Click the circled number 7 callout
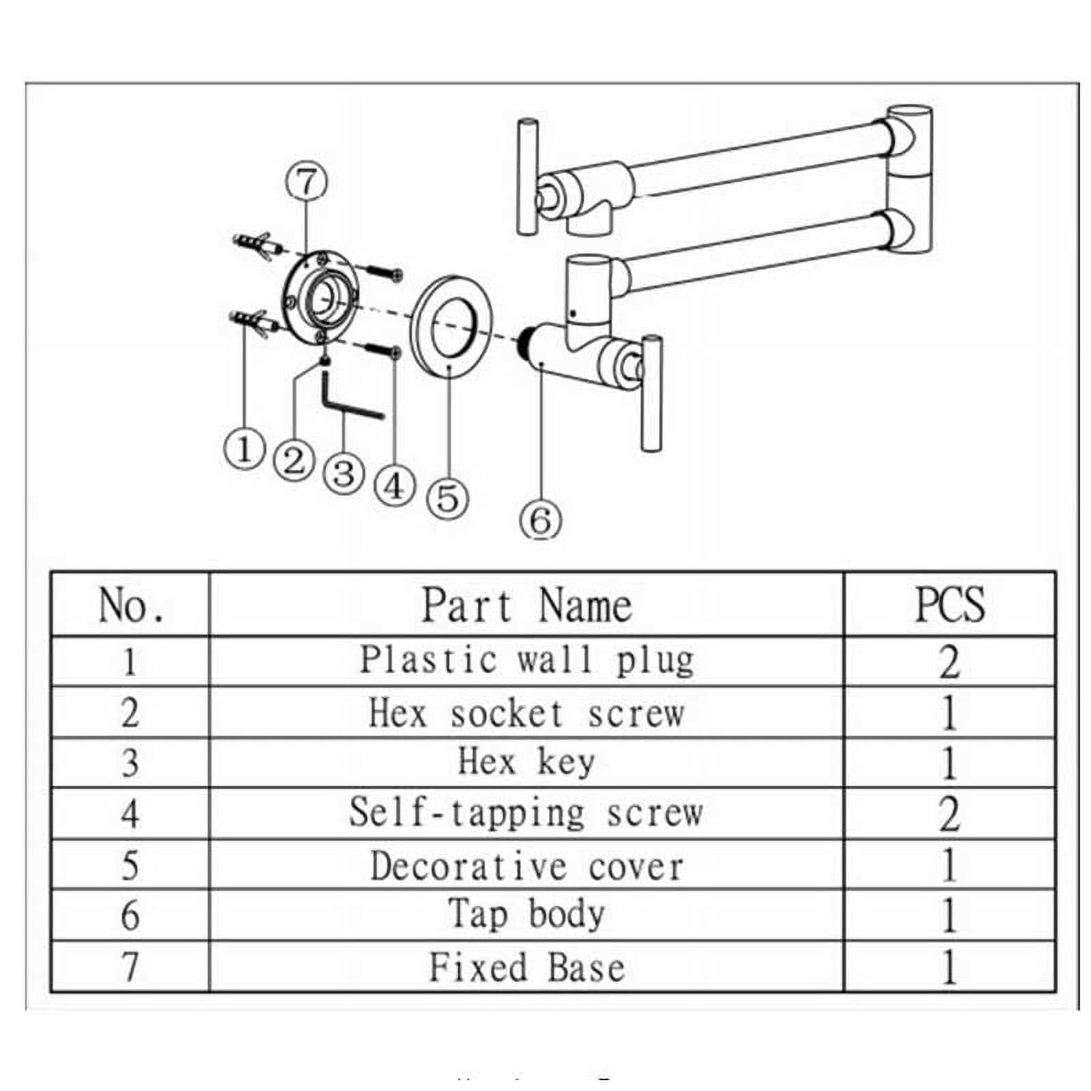[306, 182]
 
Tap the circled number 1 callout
[244, 450]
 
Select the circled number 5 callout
[447, 498]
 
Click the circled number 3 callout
[344, 474]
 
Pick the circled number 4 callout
[395, 485]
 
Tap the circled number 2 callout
[294, 461]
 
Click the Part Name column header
[526, 605]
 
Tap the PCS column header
[949, 605]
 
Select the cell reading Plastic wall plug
[526, 661]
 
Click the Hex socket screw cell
[526, 713]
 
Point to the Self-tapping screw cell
[526, 813]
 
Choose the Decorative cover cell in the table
[526, 865]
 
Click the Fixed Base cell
[526, 967]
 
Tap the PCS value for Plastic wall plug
[949, 661]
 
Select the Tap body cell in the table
[526, 915]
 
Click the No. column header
[130, 605]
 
